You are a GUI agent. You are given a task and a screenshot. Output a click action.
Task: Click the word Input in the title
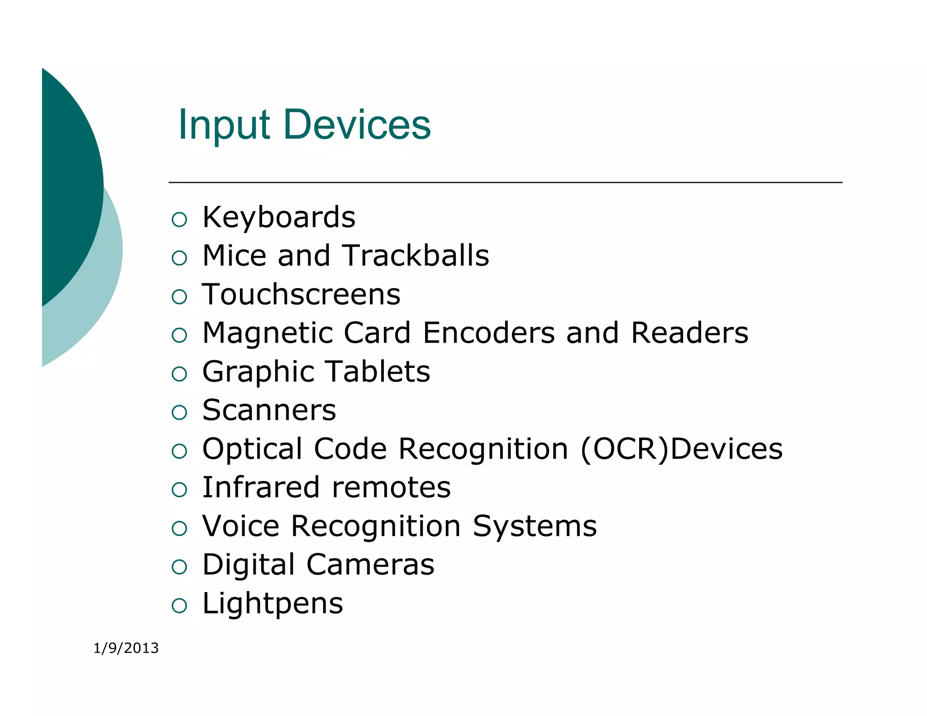(224, 125)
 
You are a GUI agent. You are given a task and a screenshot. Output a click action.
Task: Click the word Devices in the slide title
(357, 125)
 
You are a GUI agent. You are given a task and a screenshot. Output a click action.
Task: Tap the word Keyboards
(279, 218)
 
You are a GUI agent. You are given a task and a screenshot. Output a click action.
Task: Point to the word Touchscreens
(301, 295)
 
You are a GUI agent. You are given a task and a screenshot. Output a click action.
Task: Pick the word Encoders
(489, 333)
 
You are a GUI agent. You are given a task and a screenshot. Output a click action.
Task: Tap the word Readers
(689, 333)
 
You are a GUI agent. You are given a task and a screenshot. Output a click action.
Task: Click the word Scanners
(269, 411)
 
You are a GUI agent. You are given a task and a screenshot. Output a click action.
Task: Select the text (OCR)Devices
(682, 449)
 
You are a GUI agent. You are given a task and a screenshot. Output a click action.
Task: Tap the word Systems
(535, 526)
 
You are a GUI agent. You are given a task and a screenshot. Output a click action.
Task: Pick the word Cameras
(370, 565)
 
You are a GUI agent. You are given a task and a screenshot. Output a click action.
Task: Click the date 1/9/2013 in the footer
(126, 648)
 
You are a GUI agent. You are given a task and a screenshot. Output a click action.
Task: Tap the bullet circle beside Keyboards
(180, 220)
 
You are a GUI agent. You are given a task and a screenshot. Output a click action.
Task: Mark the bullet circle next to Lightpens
(180, 606)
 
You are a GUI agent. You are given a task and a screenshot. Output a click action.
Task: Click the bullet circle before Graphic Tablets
(180, 374)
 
